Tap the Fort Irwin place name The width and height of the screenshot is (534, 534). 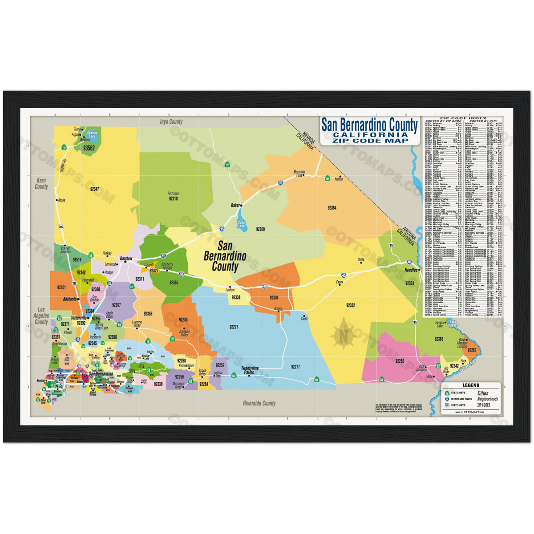(x=174, y=194)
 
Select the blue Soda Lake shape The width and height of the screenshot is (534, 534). (x=240, y=221)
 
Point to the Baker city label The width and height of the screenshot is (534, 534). (x=235, y=205)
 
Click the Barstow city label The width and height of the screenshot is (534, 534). (x=126, y=258)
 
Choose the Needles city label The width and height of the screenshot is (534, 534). (x=410, y=270)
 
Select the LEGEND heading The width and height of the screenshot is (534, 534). (x=471, y=385)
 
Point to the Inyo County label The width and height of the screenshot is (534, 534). (x=171, y=121)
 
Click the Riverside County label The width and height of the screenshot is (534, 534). (x=259, y=403)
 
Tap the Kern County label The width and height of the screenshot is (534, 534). (x=41, y=184)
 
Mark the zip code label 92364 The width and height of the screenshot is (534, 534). (x=332, y=208)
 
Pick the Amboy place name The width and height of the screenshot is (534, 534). (x=279, y=308)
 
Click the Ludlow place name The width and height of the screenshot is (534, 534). (x=230, y=290)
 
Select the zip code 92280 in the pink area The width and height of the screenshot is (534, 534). (x=399, y=361)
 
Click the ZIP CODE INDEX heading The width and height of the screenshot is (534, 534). (x=463, y=118)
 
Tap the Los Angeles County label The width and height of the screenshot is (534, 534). (x=41, y=316)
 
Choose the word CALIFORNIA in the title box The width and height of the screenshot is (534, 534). (x=370, y=135)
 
